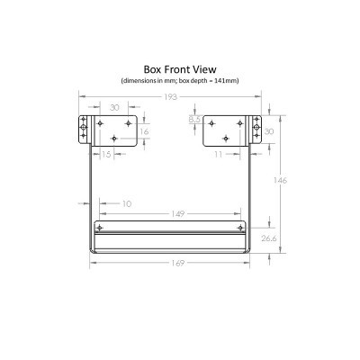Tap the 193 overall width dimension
coord(170,97)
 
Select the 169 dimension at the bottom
coord(177,263)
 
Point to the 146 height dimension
coord(280,180)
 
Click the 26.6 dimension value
coord(268,238)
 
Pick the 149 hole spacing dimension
coord(178,214)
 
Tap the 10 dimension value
coord(127,203)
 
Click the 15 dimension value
coord(106,154)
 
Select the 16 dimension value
coord(144,131)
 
